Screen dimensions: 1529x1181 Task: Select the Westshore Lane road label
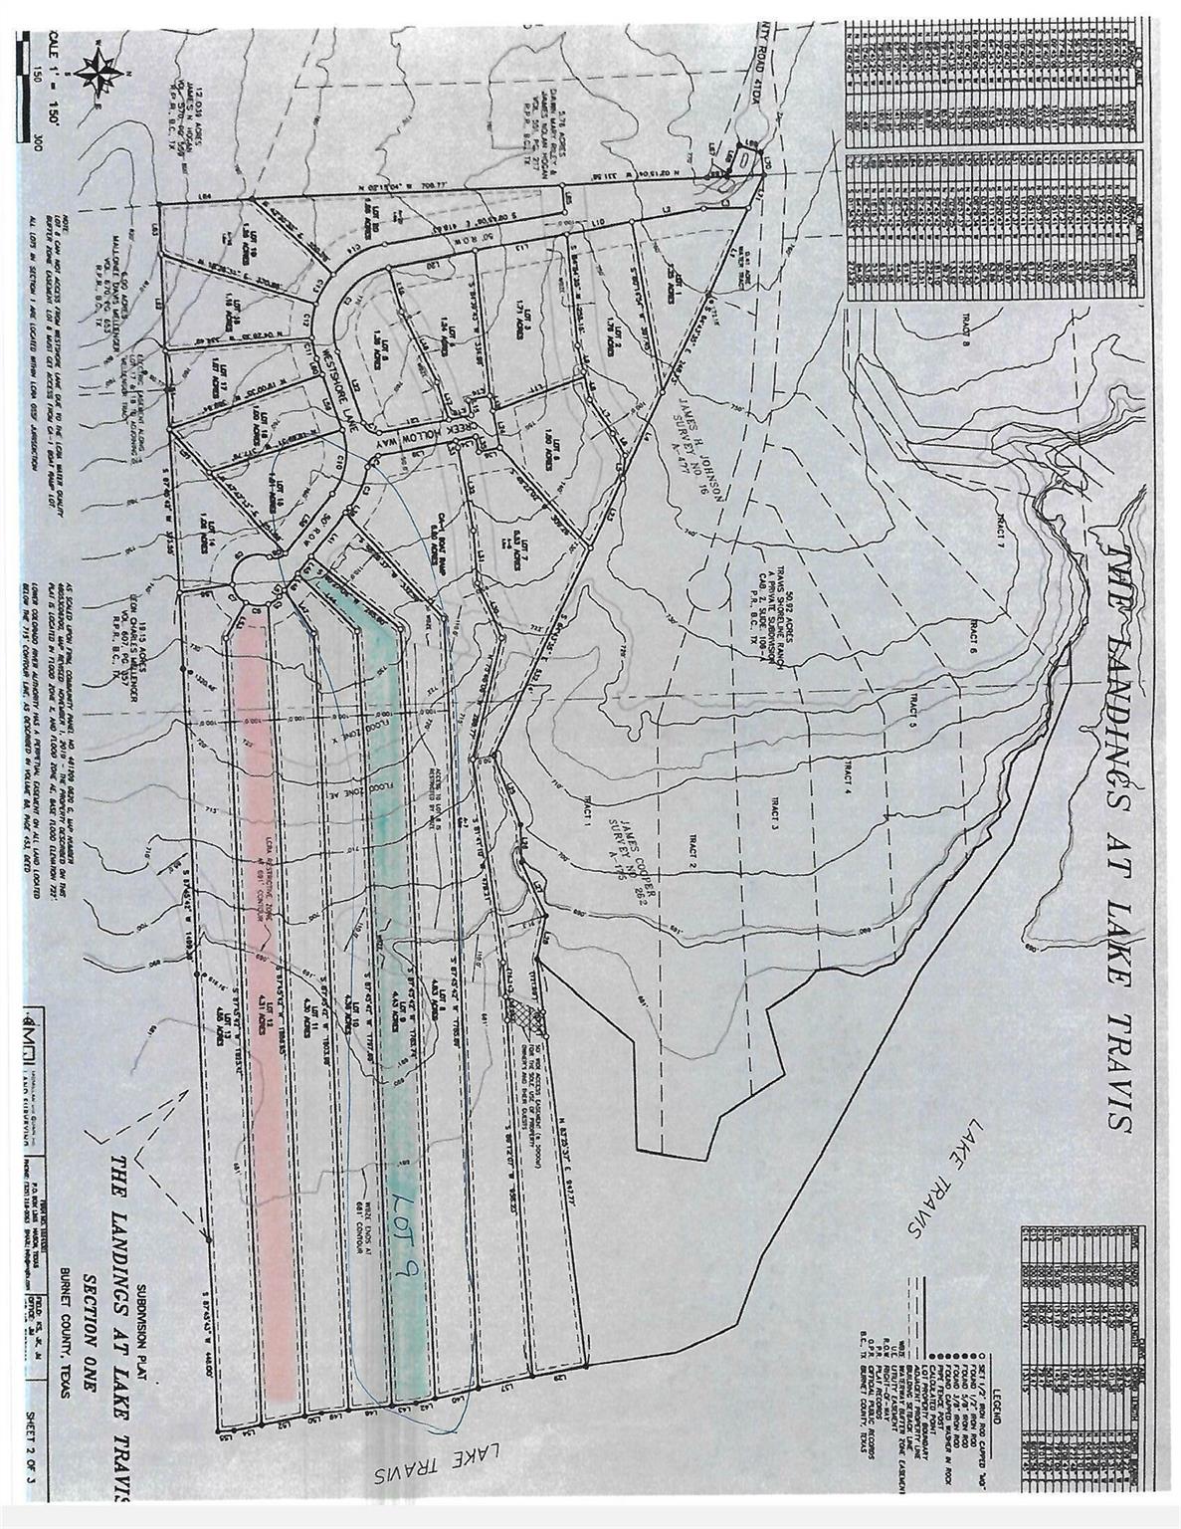(336, 383)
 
